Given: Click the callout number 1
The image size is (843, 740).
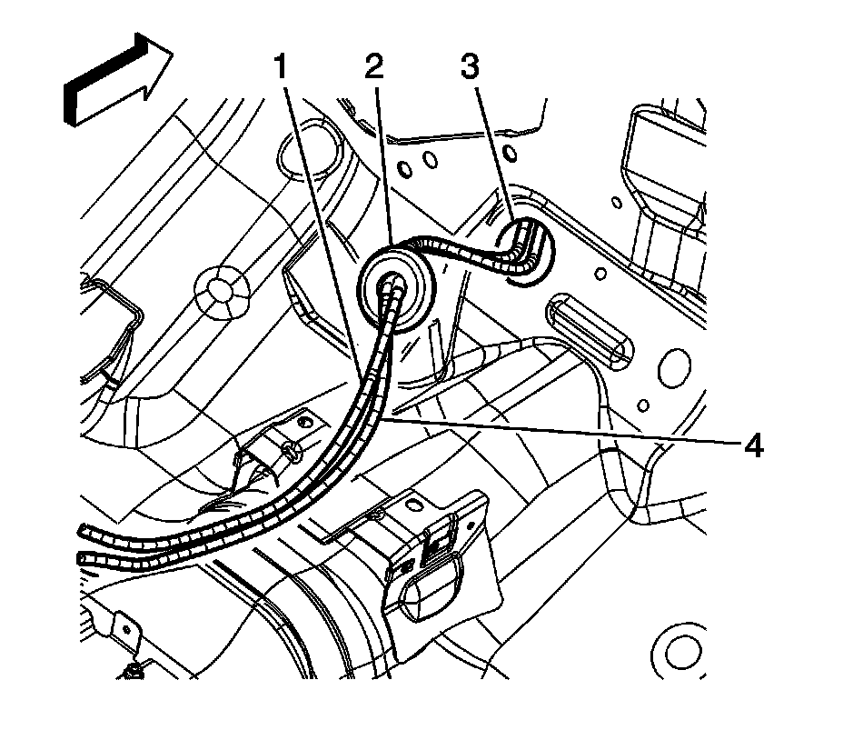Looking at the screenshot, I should pyautogui.click(x=284, y=67).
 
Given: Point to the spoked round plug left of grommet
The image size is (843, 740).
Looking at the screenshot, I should pyautogui.click(x=219, y=289).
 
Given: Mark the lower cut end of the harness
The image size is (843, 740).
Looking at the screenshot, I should pyautogui.click(x=84, y=556).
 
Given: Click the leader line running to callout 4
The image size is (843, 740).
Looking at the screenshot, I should pyautogui.click(x=563, y=431).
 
